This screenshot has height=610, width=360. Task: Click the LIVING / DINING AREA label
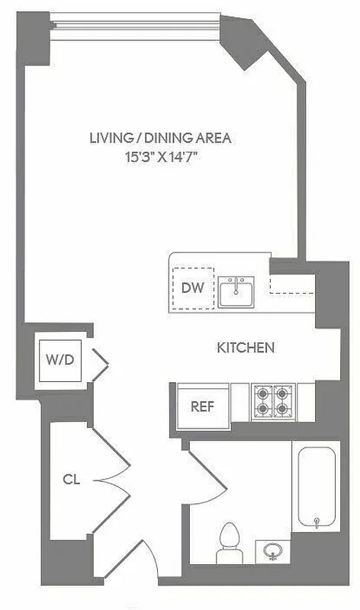click(159, 138)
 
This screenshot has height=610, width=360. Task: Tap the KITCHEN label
click(246, 348)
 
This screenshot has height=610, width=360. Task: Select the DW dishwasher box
click(193, 287)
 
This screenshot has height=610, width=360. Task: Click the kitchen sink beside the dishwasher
click(238, 291)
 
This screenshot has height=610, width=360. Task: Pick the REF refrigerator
click(201, 405)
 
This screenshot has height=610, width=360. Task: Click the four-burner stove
click(272, 401)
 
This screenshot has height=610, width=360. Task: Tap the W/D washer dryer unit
click(59, 360)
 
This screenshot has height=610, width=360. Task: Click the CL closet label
click(72, 480)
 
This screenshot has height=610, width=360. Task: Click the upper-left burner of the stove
click(263, 394)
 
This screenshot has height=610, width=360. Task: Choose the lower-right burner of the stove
click(281, 409)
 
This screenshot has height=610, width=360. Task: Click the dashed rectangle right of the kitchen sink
click(293, 283)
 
